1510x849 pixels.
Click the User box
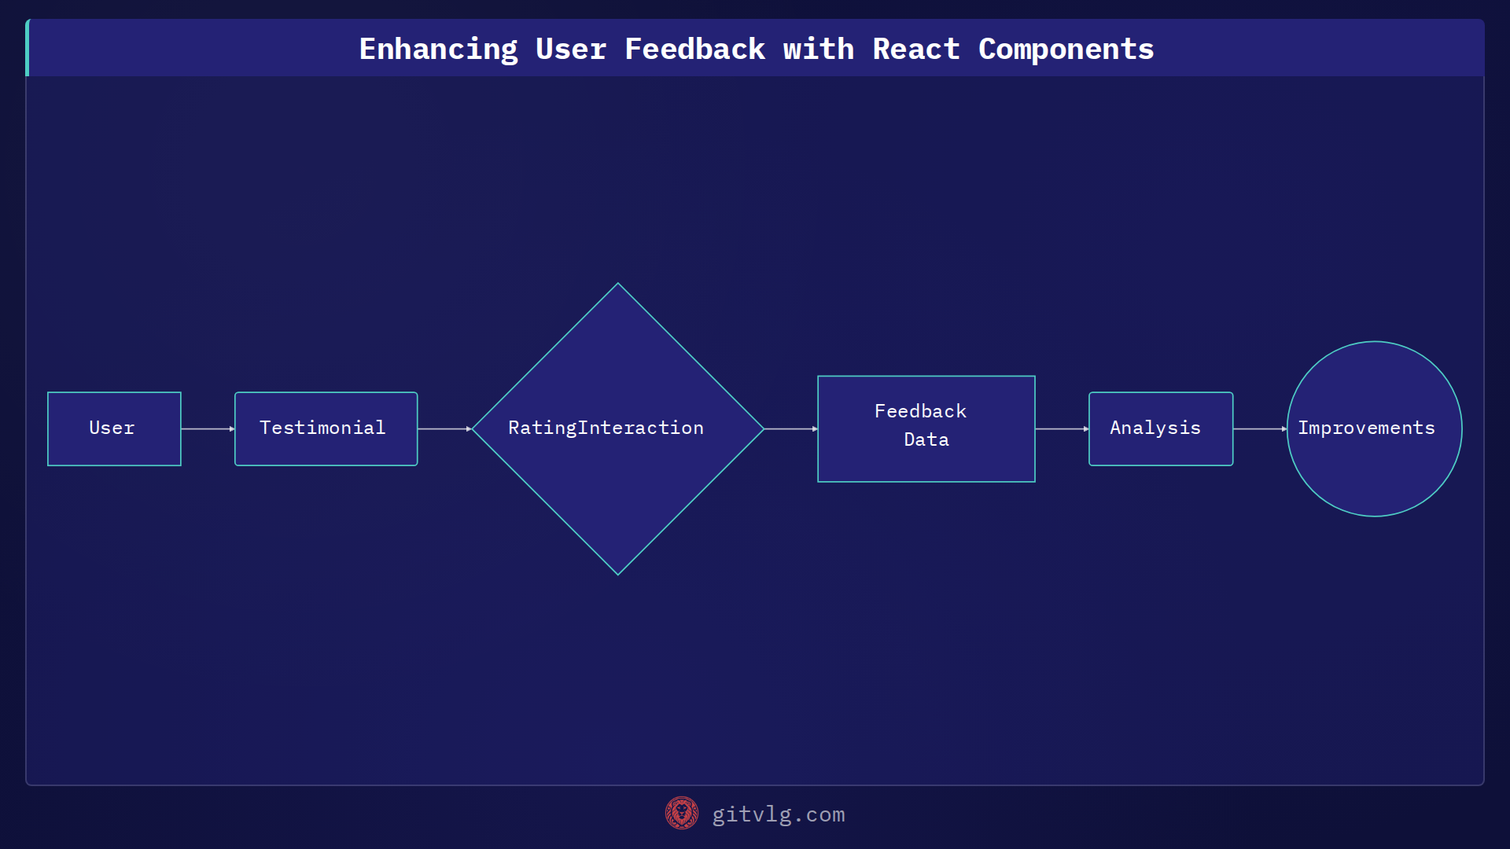click(114, 428)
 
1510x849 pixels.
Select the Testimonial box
click(326, 428)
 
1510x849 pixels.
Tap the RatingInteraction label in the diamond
click(606, 428)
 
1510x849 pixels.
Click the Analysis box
click(1160, 428)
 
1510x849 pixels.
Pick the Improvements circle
click(1374, 428)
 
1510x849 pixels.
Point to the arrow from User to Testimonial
click(208, 428)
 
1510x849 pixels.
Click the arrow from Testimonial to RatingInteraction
click(444, 428)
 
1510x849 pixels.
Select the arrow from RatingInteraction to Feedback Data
click(790, 428)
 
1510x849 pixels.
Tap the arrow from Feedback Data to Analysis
click(1062, 428)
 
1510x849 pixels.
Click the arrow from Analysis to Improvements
click(1260, 428)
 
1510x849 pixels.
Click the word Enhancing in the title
click(438, 49)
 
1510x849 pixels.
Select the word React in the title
click(915, 49)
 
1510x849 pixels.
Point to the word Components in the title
click(1066, 49)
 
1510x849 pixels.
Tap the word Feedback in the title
click(694, 49)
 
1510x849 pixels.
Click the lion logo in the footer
click(681, 813)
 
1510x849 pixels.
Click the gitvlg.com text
click(778, 814)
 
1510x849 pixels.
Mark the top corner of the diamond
click(618, 285)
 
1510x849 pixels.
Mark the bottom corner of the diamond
click(618, 574)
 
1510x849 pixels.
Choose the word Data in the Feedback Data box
click(926, 439)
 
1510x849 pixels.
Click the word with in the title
click(818, 49)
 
